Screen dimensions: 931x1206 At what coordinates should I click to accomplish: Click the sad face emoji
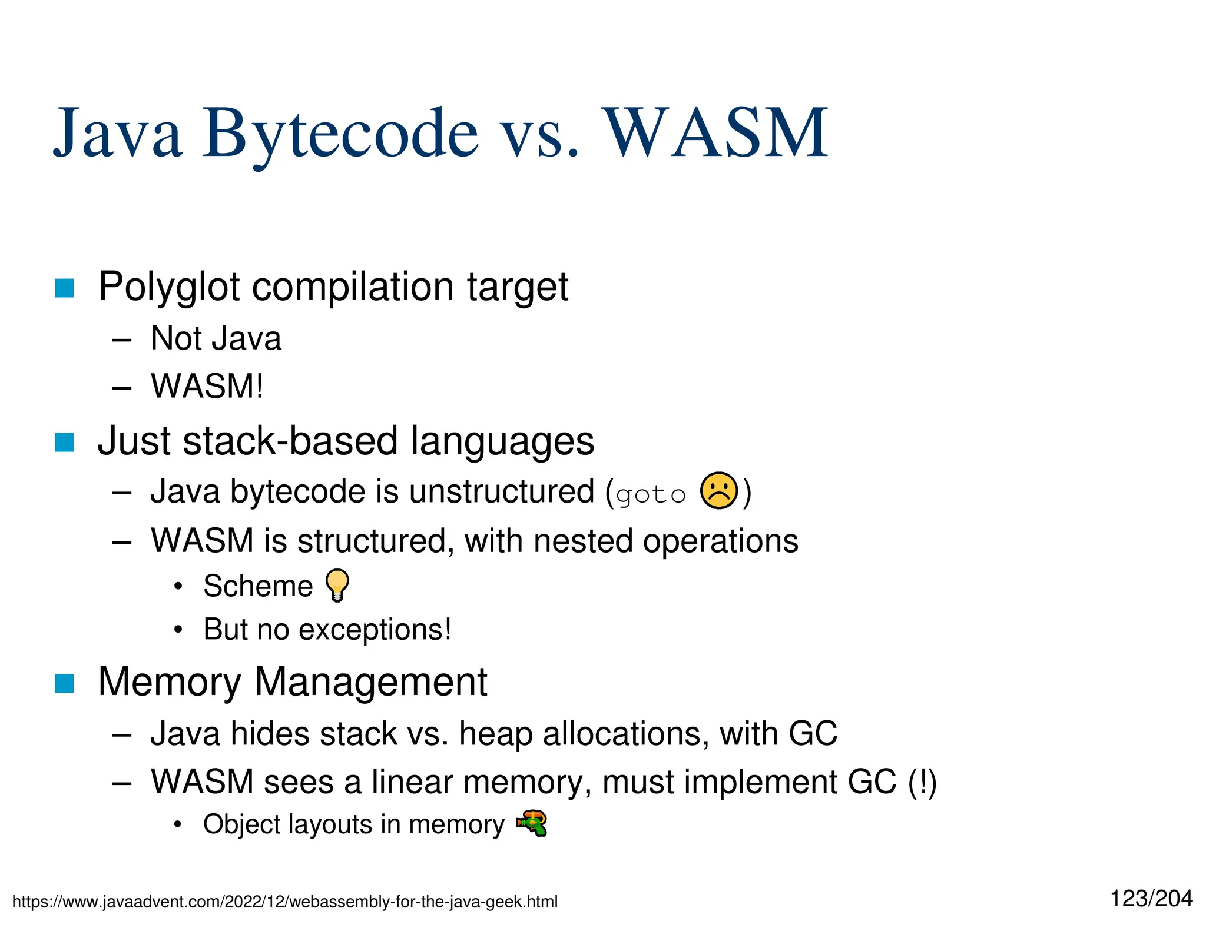718,491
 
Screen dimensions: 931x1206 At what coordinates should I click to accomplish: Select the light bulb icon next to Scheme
337,585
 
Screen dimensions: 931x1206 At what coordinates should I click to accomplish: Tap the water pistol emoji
532,823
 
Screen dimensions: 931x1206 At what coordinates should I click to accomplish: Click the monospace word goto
651,495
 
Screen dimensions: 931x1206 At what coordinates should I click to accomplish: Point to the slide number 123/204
1151,899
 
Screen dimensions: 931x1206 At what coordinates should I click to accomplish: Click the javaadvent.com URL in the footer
284,902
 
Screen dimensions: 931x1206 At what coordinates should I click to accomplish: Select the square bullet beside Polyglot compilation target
64,288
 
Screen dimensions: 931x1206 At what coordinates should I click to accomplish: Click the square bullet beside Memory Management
64,683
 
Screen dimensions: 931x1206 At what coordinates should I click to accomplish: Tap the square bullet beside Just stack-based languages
64,442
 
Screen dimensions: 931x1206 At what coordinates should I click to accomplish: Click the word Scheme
258,586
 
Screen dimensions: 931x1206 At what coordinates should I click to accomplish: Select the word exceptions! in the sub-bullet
375,630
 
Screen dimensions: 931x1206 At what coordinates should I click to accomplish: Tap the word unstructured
502,491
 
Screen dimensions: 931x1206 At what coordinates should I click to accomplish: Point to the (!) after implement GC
922,782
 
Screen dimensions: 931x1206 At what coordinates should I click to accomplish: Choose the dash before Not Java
121,340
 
